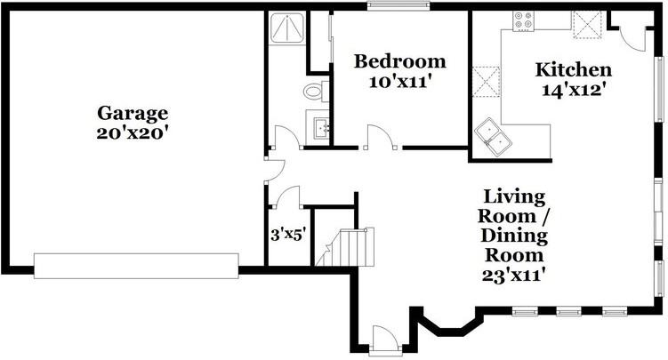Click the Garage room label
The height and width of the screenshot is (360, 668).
coord(133,114)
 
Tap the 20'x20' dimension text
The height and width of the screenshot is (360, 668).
coord(130,133)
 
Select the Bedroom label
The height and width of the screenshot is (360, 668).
coord(400,61)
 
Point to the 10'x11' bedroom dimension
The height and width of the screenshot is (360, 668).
coord(398,82)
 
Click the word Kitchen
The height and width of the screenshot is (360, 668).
coord(574,70)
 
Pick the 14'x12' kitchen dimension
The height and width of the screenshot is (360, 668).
coord(574,90)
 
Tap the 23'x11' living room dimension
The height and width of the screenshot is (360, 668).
coord(514,275)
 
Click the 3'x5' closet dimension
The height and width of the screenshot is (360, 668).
coord(288,235)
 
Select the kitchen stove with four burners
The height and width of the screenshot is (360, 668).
coord(524,20)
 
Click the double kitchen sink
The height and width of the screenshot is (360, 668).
coord(493,137)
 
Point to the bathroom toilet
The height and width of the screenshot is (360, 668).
coord(316,91)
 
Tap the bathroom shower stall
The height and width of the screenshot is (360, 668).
coord(287,28)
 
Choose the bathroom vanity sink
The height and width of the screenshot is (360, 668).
coord(318,124)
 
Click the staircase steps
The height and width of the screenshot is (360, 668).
coord(345,247)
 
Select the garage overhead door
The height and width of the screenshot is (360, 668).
coord(136,266)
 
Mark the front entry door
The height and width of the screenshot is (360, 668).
coord(385,340)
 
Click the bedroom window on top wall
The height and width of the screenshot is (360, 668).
coord(398,5)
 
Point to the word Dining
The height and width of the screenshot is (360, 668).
coord(514,236)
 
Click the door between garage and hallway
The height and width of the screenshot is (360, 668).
coord(276,170)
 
